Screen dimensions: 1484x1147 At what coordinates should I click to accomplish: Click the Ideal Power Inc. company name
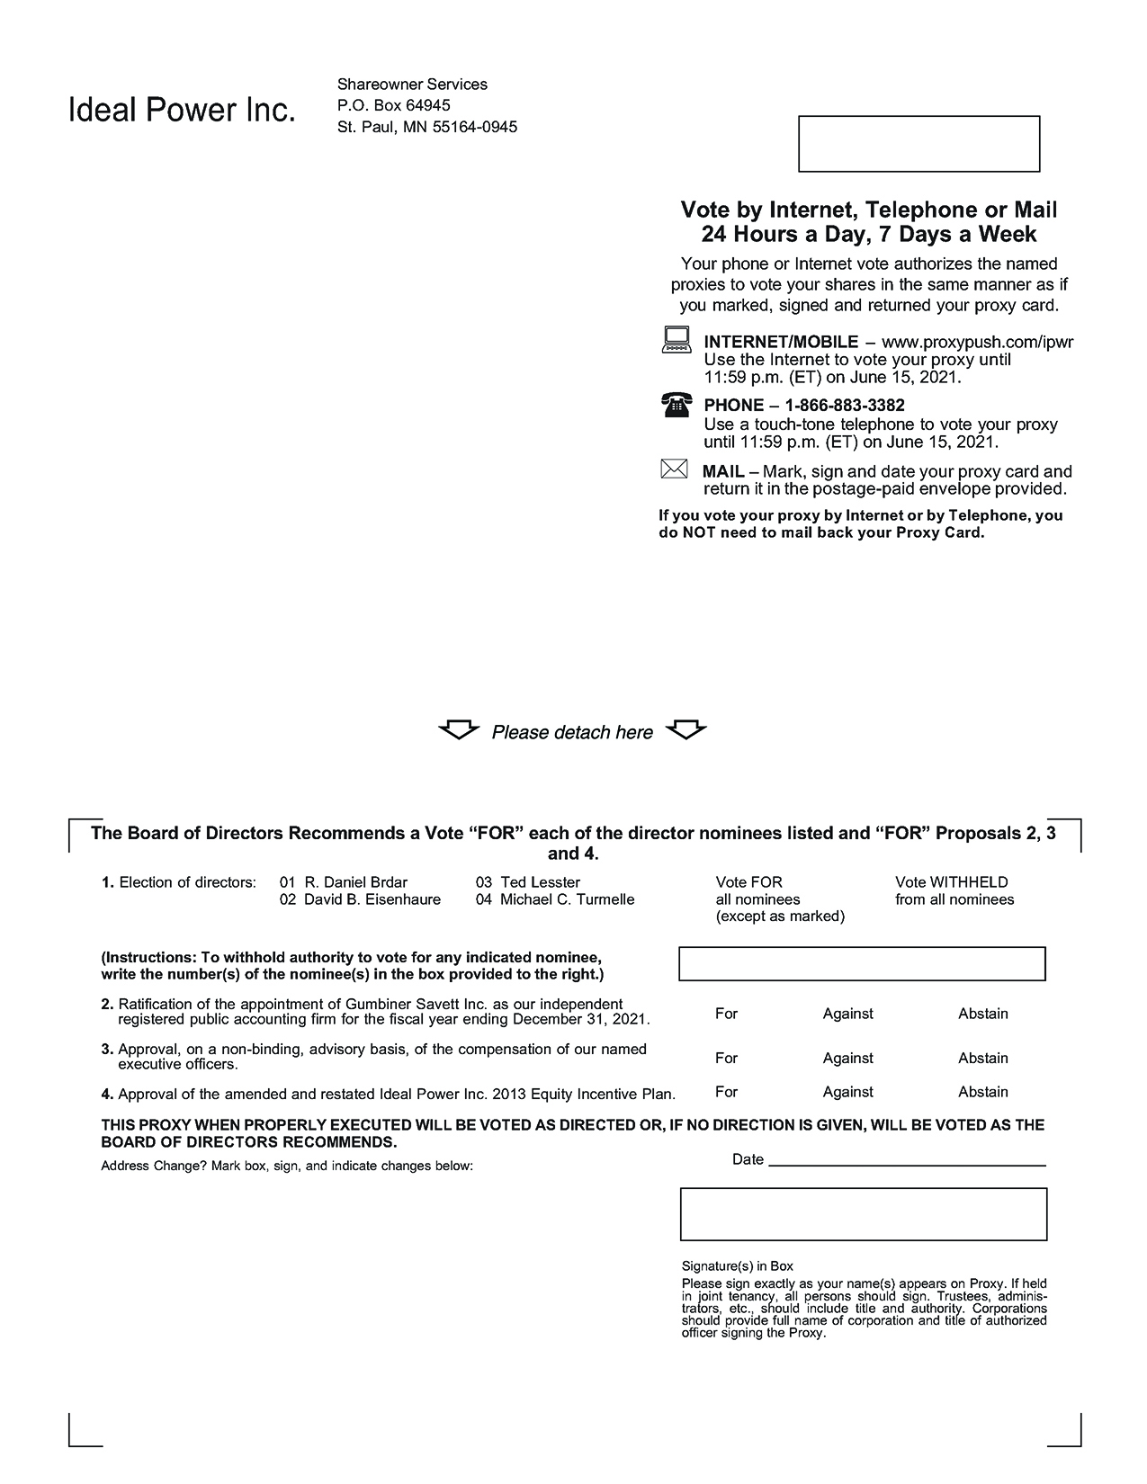coord(182,111)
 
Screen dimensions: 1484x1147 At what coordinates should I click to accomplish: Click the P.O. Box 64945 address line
coord(393,105)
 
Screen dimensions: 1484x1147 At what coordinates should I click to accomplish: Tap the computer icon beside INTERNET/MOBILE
coord(677,340)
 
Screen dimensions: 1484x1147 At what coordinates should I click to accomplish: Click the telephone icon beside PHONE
coord(677,405)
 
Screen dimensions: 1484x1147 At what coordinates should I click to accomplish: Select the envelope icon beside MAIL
coord(674,469)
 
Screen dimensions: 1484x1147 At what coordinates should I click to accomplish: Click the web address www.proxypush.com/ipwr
coord(977,342)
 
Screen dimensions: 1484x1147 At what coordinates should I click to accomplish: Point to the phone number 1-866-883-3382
coord(845,406)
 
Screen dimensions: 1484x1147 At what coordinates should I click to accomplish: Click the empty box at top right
coord(918,143)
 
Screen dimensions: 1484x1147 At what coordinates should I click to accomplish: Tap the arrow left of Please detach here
coord(459,729)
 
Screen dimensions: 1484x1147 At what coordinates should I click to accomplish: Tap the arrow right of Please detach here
coord(686,729)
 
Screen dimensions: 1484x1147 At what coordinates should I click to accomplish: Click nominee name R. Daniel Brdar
coord(355,882)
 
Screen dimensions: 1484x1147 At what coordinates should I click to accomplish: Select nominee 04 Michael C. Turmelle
coord(567,899)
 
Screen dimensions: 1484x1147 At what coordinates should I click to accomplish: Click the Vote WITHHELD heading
coord(951,882)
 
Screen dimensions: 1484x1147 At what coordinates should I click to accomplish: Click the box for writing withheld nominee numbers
coord(861,963)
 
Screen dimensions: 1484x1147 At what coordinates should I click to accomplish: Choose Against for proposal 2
coord(847,1014)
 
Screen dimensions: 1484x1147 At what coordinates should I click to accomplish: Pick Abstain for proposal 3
coord(982,1058)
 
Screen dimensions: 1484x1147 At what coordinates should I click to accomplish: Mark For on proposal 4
coord(726,1092)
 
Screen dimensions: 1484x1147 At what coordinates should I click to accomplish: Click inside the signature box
coord(863,1214)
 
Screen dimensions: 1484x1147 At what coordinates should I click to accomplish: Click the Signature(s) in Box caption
coord(737,1265)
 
